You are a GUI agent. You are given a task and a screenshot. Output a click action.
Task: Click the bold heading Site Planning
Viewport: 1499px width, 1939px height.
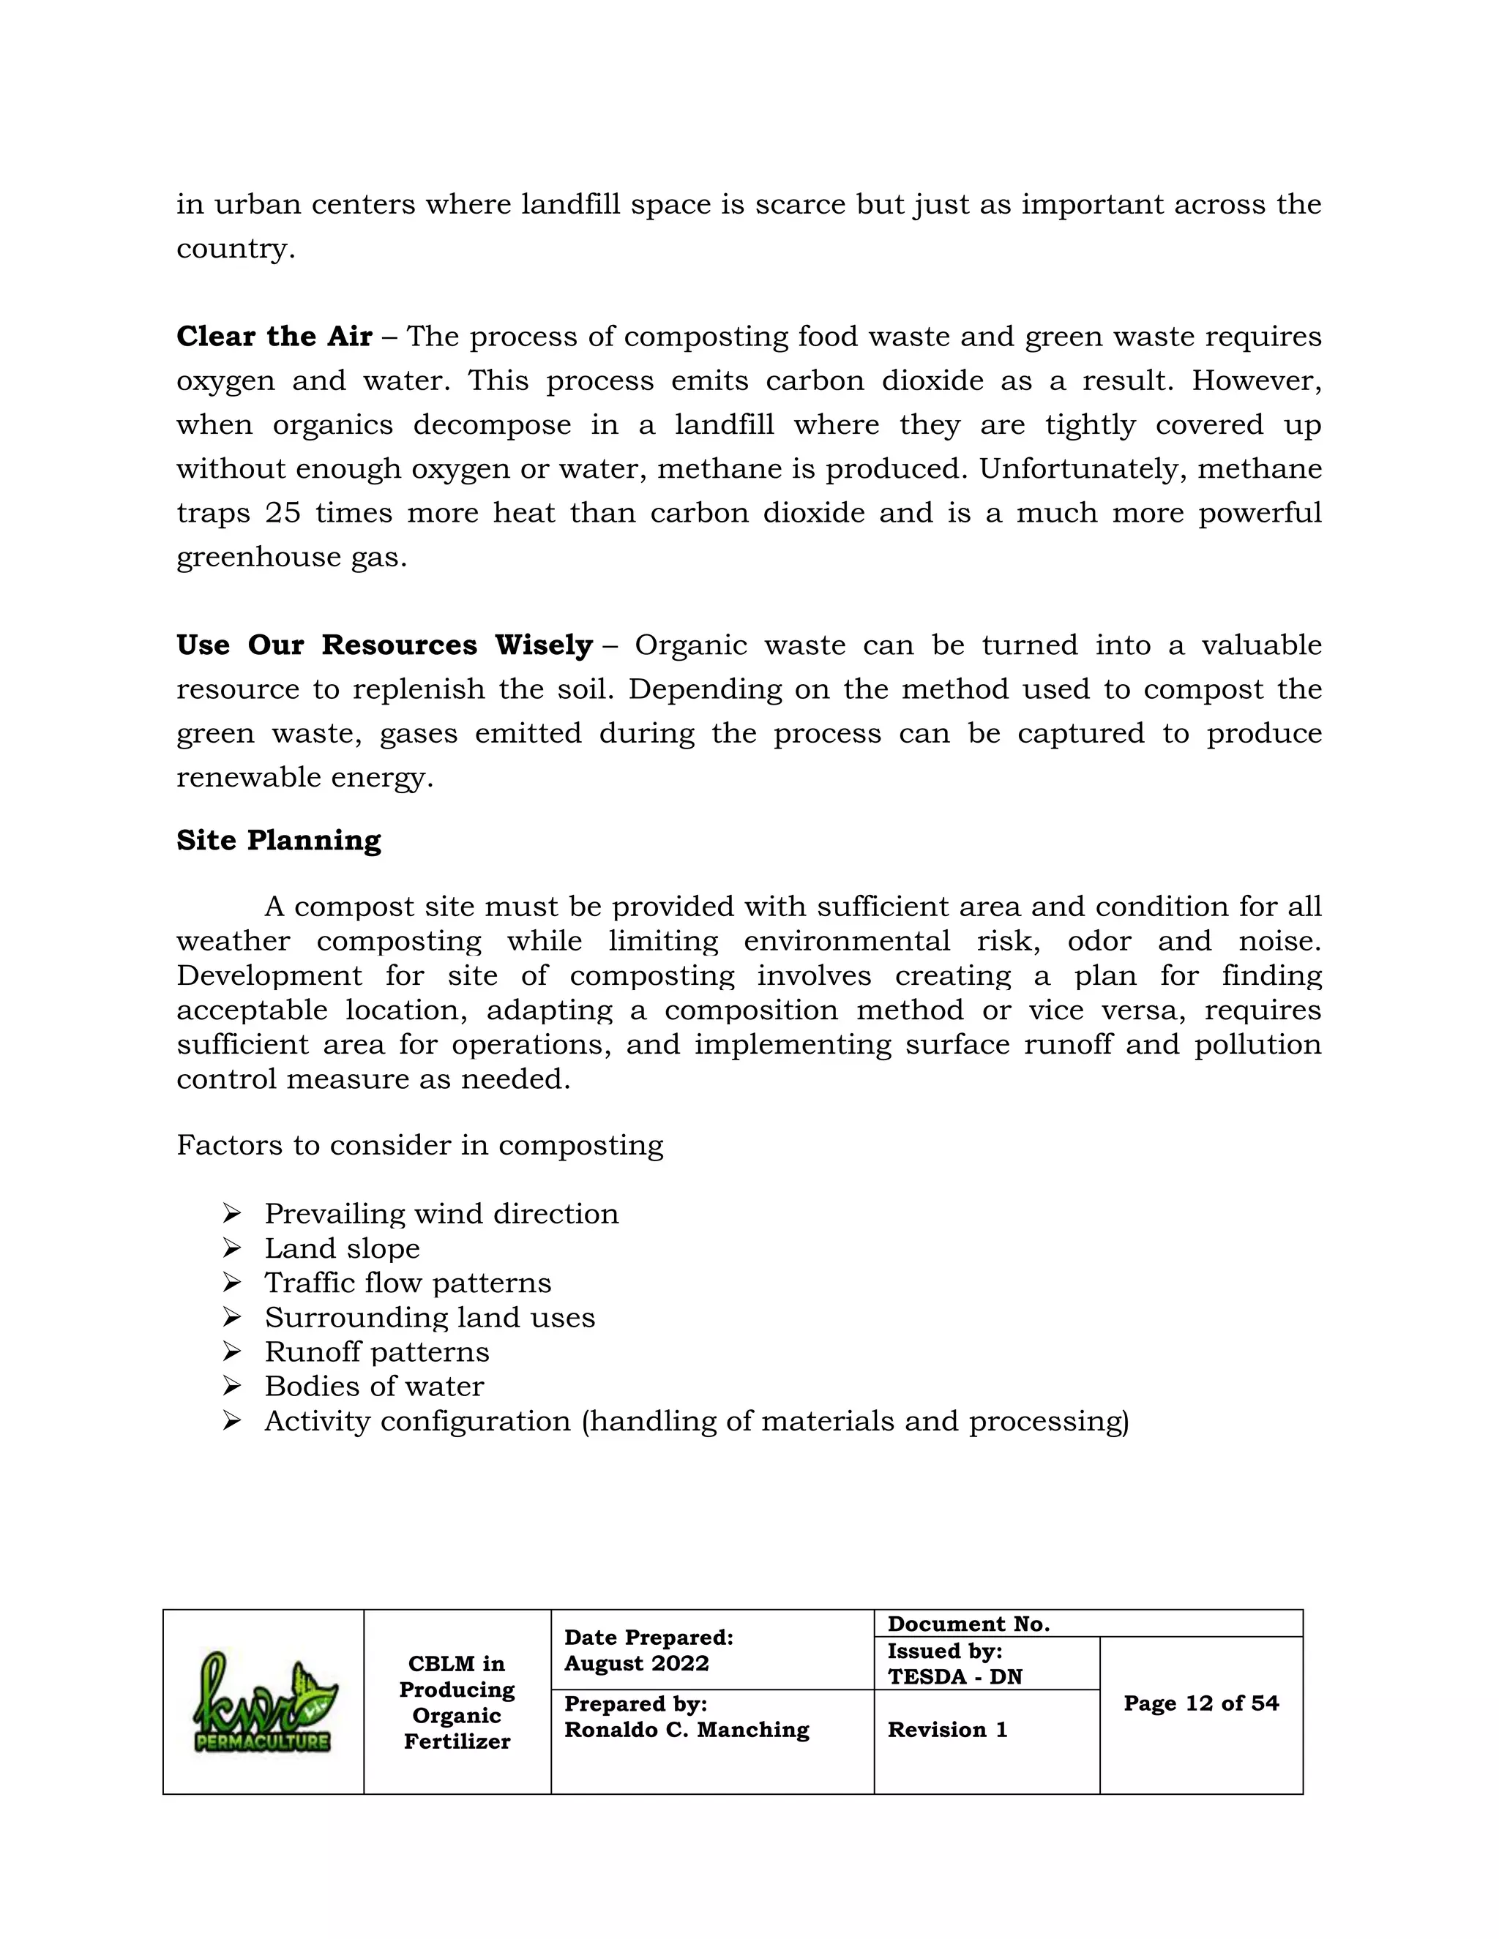pyautogui.click(x=278, y=840)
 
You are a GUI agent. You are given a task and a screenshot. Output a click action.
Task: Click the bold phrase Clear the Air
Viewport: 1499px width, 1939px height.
pyautogui.click(x=274, y=337)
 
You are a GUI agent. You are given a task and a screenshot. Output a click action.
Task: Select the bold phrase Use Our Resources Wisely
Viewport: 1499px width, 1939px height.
pyautogui.click(x=384, y=645)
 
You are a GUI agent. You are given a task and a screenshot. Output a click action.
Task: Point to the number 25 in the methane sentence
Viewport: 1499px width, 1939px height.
pyautogui.click(x=283, y=512)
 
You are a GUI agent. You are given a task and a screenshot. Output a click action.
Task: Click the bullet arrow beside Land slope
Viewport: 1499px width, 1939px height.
pyautogui.click(x=232, y=1248)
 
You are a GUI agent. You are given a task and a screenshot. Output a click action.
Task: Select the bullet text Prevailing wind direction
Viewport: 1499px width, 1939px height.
pyautogui.click(x=441, y=1214)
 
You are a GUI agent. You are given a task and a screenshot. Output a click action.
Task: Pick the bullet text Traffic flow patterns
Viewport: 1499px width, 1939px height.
pyautogui.click(x=408, y=1283)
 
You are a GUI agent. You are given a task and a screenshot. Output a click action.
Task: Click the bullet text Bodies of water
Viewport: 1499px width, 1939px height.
pyautogui.click(x=374, y=1386)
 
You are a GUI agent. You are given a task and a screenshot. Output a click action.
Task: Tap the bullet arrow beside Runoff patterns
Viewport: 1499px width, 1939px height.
pyautogui.click(x=232, y=1351)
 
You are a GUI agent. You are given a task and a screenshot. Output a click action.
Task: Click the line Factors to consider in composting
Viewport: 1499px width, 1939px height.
pyautogui.click(x=419, y=1145)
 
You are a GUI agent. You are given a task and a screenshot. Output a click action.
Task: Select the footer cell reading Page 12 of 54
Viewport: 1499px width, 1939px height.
pyautogui.click(x=1200, y=1703)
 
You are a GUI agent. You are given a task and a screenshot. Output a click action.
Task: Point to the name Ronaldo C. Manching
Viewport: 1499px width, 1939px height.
pyautogui.click(x=687, y=1730)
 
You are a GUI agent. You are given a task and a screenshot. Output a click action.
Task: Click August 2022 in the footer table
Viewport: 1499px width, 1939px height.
pyautogui.click(x=636, y=1663)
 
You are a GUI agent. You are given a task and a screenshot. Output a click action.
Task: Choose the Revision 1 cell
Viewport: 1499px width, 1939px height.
pyautogui.click(x=948, y=1730)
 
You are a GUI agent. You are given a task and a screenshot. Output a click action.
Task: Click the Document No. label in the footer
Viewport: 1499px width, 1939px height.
pyautogui.click(x=968, y=1624)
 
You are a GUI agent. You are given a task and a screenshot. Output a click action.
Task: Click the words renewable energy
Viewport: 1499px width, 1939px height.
pyautogui.click(x=304, y=777)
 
